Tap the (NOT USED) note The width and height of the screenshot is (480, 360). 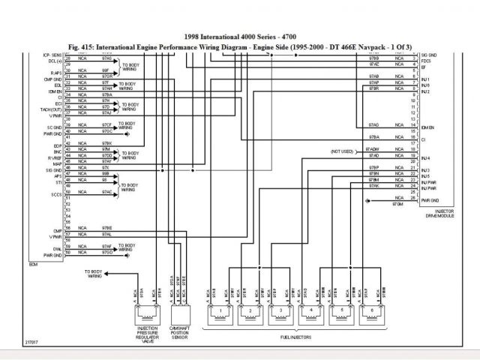tap(341, 151)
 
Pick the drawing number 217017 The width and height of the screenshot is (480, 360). tap(34, 344)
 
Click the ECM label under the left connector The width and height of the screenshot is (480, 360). tap(32, 265)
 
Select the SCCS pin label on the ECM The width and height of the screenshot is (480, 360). tap(57, 194)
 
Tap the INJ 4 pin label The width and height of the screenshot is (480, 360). tap(425, 158)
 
